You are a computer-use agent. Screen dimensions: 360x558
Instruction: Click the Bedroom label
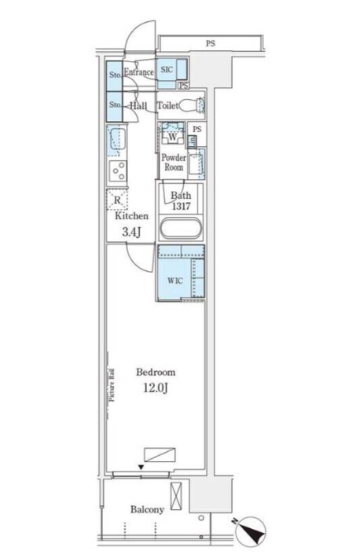(156, 373)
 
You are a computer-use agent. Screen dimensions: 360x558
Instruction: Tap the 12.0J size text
(156, 388)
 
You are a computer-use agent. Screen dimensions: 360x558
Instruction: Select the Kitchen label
(131, 216)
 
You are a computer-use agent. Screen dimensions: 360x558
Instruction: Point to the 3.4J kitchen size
(131, 233)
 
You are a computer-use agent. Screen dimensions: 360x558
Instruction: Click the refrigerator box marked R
(117, 200)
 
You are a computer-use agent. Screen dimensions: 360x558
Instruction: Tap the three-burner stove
(117, 171)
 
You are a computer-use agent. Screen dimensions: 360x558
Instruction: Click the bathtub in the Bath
(181, 228)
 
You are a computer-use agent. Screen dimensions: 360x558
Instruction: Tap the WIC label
(175, 281)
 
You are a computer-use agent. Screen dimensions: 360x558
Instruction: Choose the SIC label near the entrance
(167, 69)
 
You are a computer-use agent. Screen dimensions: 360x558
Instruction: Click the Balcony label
(147, 509)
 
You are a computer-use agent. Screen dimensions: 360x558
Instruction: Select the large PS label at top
(211, 44)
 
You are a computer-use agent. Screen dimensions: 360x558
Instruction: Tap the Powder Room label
(174, 162)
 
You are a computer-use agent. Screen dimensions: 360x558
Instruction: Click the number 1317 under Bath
(181, 206)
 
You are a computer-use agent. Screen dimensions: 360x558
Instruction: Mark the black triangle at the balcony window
(141, 467)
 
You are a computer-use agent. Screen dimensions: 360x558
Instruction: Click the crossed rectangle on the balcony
(176, 497)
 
